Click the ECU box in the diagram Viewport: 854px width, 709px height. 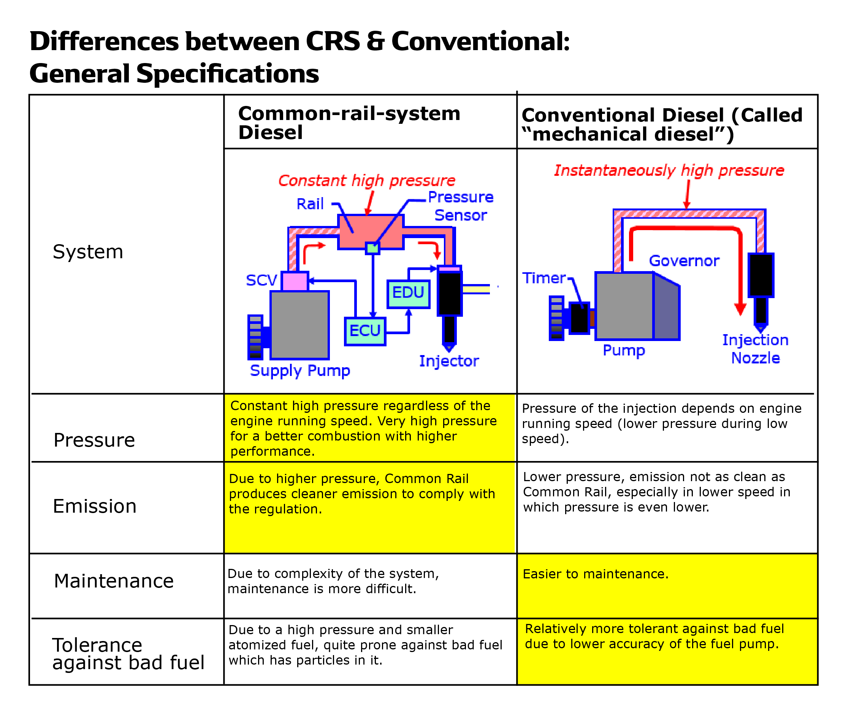pos(365,331)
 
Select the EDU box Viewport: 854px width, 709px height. pos(408,293)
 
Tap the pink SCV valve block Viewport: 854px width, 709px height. pos(295,281)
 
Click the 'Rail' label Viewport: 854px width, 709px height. pos(310,204)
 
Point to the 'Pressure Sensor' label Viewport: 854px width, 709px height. pos(460,206)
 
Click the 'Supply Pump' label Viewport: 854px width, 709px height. pos(300,371)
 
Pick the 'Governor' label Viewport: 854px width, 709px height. pos(684,261)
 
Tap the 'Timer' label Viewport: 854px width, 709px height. pos(544,278)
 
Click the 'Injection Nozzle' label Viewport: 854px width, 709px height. pos(755,349)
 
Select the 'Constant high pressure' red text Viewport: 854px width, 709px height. pos(366,180)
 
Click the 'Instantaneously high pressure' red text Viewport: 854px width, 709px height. pos(669,170)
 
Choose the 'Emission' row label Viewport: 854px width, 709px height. pos(94,506)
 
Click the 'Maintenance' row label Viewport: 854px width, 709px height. pos(114,581)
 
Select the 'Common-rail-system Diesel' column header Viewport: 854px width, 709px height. pos(349,123)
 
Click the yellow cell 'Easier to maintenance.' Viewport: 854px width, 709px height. pos(667,585)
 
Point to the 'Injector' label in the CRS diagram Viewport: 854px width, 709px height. pos(449,361)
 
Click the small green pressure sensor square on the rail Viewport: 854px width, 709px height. pos(372,248)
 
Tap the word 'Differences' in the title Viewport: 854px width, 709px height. pos(104,41)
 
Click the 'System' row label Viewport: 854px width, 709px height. pos(87,252)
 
